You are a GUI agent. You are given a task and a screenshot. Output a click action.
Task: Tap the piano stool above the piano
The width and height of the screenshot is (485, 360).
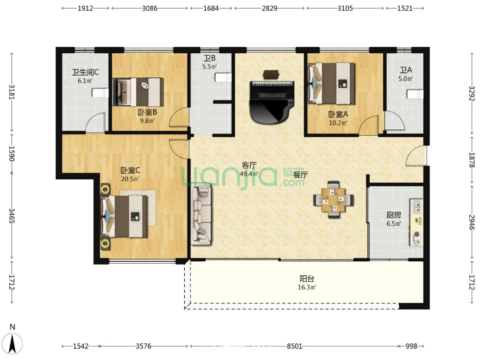pyautogui.click(x=271, y=74)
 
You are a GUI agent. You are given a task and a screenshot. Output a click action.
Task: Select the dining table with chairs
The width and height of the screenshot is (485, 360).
pyautogui.click(x=333, y=200)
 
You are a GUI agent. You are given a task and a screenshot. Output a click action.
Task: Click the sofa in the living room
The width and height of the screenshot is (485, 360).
pyautogui.click(x=201, y=214)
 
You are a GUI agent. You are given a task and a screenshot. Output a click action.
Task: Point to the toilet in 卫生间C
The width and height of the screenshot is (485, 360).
pyautogui.click(x=101, y=93)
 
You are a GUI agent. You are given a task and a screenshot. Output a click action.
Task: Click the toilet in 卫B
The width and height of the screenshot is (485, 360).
pyautogui.click(x=223, y=77)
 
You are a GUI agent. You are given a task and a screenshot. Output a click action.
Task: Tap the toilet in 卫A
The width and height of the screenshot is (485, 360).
pyautogui.click(x=415, y=94)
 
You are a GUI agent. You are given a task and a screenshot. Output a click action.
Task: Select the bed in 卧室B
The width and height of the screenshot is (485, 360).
pyautogui.click(x=138, y=92)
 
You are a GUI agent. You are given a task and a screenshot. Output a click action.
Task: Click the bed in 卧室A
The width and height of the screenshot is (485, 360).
pyautogui.click(x=331, y=83)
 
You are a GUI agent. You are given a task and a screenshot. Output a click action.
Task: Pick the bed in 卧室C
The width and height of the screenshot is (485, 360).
pyautogui.click(x=124, y=216)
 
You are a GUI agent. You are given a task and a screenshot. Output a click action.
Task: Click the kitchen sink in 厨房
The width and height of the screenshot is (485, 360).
pyautogui.click(x=417, y=206)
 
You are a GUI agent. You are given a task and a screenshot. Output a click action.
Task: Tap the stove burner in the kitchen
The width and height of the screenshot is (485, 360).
pyautogui.click(x=416, y=234)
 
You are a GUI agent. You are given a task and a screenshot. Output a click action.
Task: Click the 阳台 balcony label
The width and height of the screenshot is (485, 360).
pyautogui.click(x=307, y=278)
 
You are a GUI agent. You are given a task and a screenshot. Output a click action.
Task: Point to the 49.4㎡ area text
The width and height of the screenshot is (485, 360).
pyautogui.click(x=249, y=174)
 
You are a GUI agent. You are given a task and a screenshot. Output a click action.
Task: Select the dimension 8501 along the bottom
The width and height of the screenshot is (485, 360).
pyautogui.click(x=295, y=346)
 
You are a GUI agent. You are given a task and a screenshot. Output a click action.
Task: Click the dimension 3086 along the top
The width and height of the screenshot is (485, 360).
pyautogui.click(x=150, y=8)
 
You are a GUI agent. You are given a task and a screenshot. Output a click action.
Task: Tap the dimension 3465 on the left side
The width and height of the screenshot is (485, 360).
pyautogui.click(x=12, y=216)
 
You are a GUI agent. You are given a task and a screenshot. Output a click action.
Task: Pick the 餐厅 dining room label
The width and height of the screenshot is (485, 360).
pyautogui.click(x=300, y=175)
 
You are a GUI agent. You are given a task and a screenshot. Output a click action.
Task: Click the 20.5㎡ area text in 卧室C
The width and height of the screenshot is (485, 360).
pyautogui.click(x=130, y=179)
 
